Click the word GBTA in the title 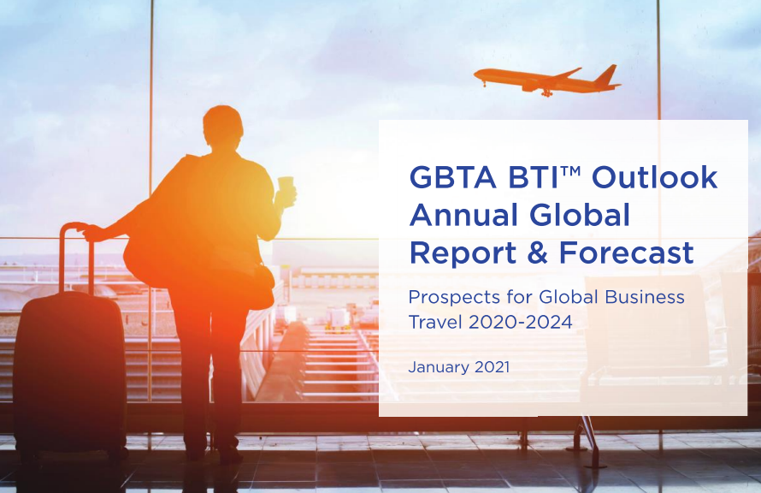[x=453, y=177]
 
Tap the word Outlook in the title [x=654, y=177]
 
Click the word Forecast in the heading [x=627, y=252]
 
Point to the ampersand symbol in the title [x=537, y=253]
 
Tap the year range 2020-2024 [x=520, y=322]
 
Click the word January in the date [x=439, y=367]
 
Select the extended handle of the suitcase [x=76, y=258]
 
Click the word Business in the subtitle [x=645, y=297]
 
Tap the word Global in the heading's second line [x=580, y=215]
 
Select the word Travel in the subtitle [x=435, y=322]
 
